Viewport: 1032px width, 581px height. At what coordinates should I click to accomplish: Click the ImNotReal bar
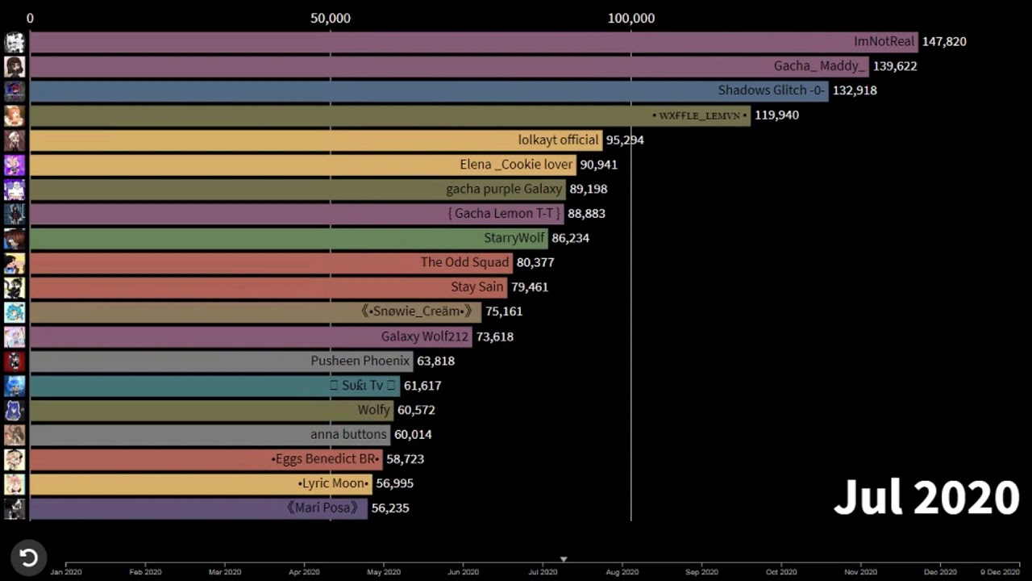click(x=474, y=42)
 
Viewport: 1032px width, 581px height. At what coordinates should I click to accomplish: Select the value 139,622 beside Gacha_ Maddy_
click(x=895, y=66)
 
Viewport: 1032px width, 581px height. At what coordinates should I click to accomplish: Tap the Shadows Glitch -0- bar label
click(x=772, y=90)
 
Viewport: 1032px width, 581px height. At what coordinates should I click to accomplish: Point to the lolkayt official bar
click(x=316, y=140)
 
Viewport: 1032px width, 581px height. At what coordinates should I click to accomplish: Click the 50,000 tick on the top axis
click(x=331, y=18)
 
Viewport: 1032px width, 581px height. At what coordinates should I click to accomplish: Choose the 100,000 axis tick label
click(x=631, y=18)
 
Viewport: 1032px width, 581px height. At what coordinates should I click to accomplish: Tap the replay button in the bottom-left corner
click(x=28, y=558)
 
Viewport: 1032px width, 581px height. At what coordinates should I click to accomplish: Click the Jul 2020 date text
click(x=926, y=497)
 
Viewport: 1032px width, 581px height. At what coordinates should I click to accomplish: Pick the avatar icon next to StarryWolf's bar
click(x=15, y=239)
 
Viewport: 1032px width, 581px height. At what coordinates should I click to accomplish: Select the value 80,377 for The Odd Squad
click(x=535, y=262)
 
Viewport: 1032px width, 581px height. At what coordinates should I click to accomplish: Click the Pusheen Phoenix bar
click(x=222, y=361)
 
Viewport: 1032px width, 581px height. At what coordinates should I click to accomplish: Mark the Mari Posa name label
click(x=322, y=508)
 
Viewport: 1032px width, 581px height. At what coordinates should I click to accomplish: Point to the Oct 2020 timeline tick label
click(x=781, y=572)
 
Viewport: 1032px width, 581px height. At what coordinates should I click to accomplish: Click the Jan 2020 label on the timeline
click(x=66, y=572)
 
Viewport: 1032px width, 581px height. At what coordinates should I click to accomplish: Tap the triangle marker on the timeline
click(x=564, y=559)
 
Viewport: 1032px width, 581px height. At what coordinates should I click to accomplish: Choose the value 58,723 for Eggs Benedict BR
click(x=405, y=458)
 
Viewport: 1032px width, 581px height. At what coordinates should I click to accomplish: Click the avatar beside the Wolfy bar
click(x=15, y=411)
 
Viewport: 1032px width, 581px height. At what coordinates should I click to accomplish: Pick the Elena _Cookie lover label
click(x=516, y=165)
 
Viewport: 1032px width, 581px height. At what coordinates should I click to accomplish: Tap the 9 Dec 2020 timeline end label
click(x=1001, y=572)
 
